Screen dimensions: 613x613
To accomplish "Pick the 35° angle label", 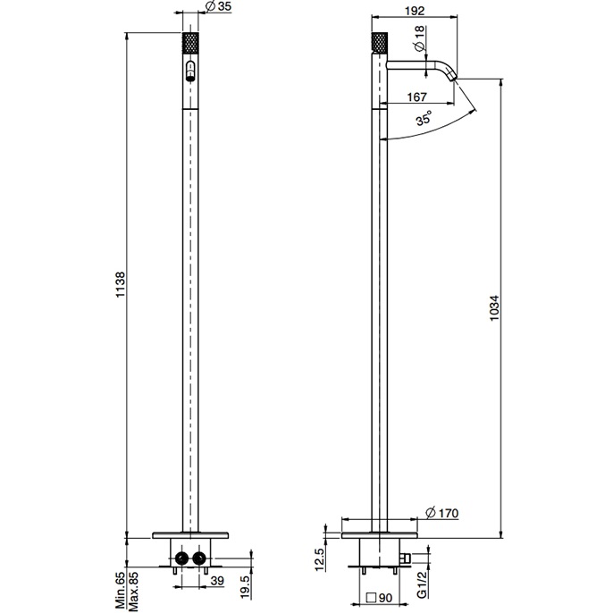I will coord(424,118).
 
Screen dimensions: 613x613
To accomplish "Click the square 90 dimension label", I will coord(379,600).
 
